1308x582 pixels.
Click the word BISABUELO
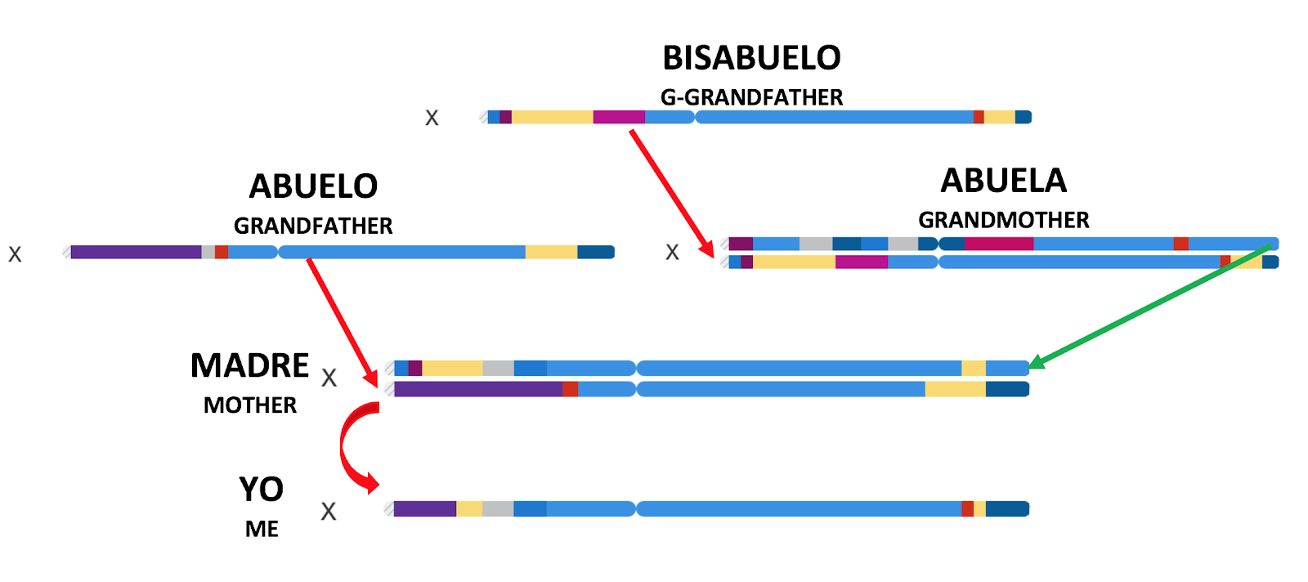pos(751,58)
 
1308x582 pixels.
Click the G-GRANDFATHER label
pos(751,97)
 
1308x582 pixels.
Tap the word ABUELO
pos(313,186)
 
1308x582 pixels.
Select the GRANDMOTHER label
pos(1003,220)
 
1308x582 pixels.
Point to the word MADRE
pos(249,365)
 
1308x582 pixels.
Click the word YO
pos(261,490)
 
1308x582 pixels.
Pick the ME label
pos(262,529)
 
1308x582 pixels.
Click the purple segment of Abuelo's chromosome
pos(136,252)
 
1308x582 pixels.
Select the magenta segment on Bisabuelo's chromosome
pos(619,117)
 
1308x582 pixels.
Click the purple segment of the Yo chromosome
pos(424,508)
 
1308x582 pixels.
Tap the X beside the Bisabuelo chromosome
pos(432,119)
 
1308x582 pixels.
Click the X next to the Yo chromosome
pos(328,512)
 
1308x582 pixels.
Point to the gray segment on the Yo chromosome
pos(498,508)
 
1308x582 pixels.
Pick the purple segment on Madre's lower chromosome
pos(477,389)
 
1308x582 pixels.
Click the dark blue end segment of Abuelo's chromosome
pos(595,252)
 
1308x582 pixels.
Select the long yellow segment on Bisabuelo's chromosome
pos(552,117)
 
